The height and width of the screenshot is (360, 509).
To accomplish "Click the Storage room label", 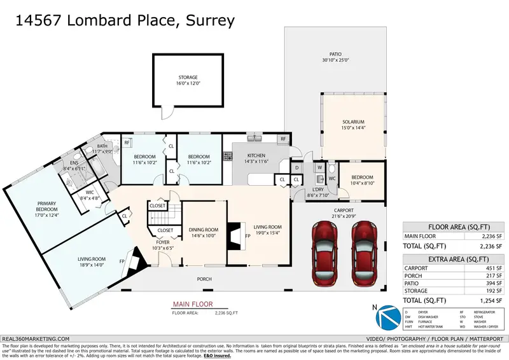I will (188, 78).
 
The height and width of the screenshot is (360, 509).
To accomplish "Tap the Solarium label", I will (353, 121).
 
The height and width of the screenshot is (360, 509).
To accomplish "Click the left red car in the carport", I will (324, 254).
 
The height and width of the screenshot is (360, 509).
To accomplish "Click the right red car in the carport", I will (365, 254).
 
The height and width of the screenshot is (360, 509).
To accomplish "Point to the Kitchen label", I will (256, 156).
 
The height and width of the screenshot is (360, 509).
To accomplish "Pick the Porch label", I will (204, 279).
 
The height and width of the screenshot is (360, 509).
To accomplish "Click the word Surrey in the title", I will (210, 20).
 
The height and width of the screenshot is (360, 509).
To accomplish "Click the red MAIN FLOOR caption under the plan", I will (193, 305).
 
